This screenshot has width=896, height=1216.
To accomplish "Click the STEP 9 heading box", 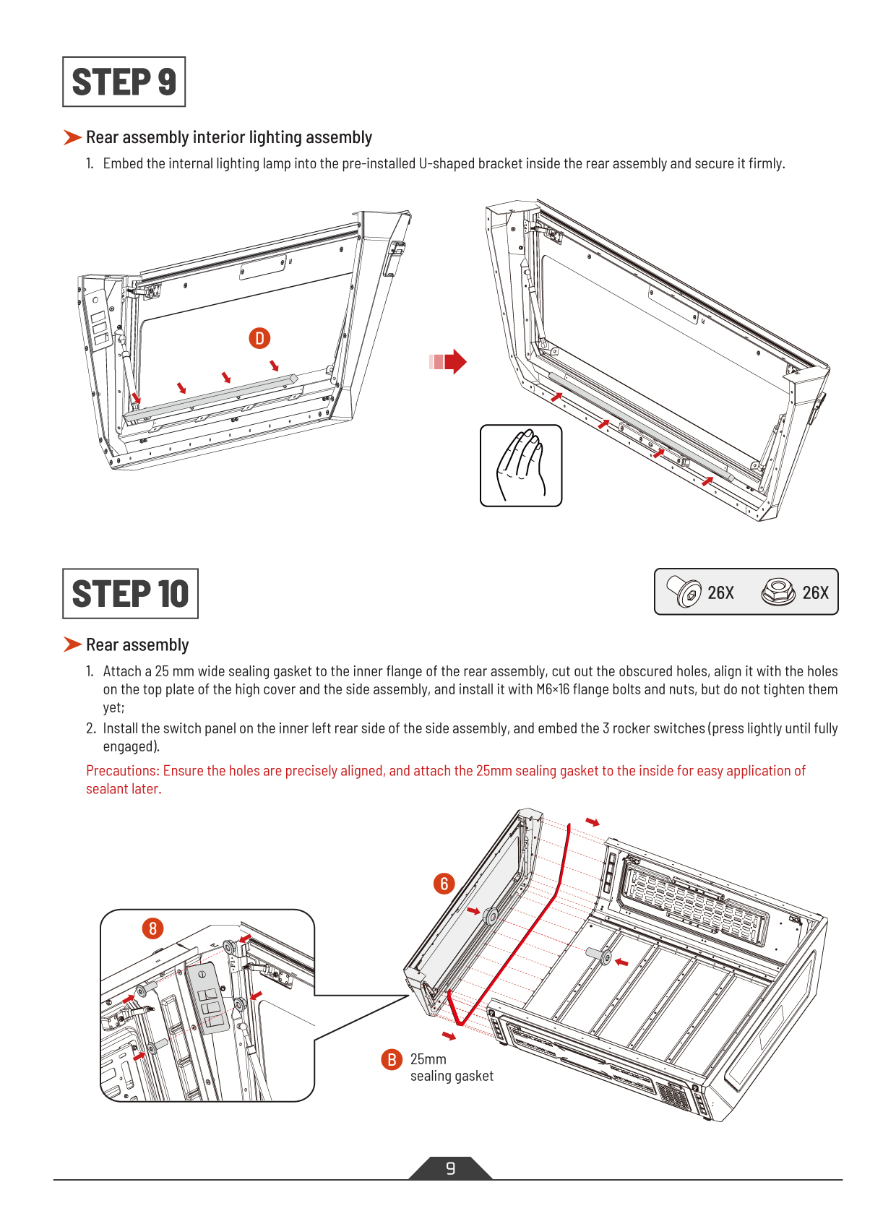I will pos(124,82).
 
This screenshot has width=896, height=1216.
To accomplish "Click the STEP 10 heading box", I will pos(130,593).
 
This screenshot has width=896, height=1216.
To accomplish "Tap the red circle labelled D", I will pos(259,337).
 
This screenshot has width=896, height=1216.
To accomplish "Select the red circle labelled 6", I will pos(444,883).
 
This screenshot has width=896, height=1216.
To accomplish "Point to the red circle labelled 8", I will pos(152,928).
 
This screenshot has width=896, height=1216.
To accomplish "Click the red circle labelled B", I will pos(391,1059).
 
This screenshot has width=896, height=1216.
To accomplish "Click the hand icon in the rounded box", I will pos(521,465).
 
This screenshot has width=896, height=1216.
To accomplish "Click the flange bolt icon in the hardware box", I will pos(684,592).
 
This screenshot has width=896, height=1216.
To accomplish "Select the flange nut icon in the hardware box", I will pos(778,592).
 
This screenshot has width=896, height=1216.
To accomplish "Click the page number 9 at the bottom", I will pos(450,1168).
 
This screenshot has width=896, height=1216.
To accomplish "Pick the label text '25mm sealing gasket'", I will pos(451,1068).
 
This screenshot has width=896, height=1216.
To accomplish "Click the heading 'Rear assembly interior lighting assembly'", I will pos(228,137).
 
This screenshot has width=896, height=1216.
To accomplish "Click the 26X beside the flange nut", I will pos(815,592).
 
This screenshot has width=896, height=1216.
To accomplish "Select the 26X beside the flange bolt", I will pos(720,592).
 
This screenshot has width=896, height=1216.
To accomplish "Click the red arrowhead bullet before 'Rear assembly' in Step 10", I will pos(72,644).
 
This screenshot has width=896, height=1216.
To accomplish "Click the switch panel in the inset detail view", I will pos(207,998).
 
